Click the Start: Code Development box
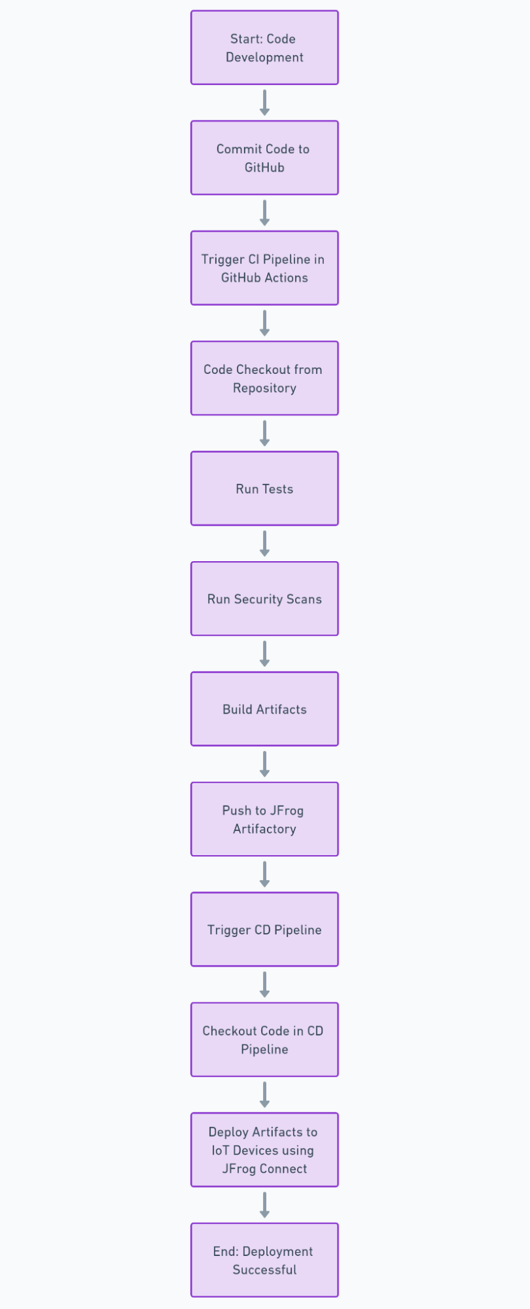point(264,48)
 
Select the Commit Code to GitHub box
point(264,158)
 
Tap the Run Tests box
point(264,489)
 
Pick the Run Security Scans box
point(264,599)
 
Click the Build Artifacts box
point(264,709)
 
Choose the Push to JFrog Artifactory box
point(264,819)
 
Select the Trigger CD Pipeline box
point(264,929)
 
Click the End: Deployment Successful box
point(264,1260)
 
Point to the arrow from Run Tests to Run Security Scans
point(264,543)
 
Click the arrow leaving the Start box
point(264,102)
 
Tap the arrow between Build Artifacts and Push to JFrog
point(264,764)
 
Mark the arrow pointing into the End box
point(264,1204)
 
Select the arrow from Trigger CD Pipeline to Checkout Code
point(264,984)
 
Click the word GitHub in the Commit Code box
point(264,168)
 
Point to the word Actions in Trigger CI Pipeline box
point(287,278)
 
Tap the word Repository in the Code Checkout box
point(264,388)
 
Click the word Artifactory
point(264,829)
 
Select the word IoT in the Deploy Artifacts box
point(221,1151)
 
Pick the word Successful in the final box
point(264,1270)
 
